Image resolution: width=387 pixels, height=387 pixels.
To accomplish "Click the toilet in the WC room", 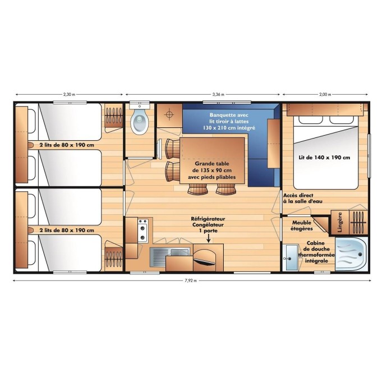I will pos(139,121).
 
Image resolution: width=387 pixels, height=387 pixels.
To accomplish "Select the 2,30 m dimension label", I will pos(68,94).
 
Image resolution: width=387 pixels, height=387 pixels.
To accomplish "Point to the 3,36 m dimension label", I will pos(219,94).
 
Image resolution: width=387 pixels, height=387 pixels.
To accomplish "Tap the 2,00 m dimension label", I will pos(325,94).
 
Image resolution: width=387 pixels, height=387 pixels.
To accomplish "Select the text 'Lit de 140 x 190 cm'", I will pos(325,158).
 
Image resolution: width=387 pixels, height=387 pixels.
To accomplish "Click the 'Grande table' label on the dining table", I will pos(214,162).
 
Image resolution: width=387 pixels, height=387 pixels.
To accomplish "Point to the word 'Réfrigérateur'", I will pos(208,219).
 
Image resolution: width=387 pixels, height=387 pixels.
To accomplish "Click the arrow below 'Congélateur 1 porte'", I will pos(208,238).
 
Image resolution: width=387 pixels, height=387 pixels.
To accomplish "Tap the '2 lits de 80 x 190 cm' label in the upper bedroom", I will pos(67,145).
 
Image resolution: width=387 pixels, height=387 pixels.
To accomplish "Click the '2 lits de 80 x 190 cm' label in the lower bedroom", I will pos(67,230).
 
